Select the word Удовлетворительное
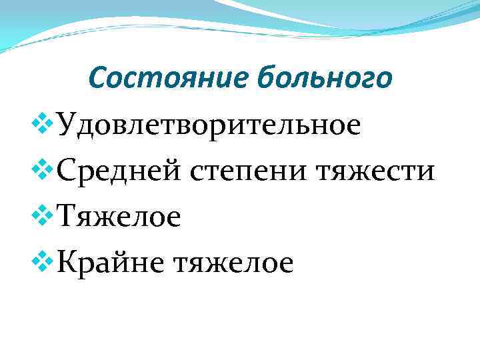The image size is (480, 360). coord(209,125)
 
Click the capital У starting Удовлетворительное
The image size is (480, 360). coord(67,125)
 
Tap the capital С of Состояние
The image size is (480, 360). coord(97,79)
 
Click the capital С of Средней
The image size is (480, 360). coord(67,171)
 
